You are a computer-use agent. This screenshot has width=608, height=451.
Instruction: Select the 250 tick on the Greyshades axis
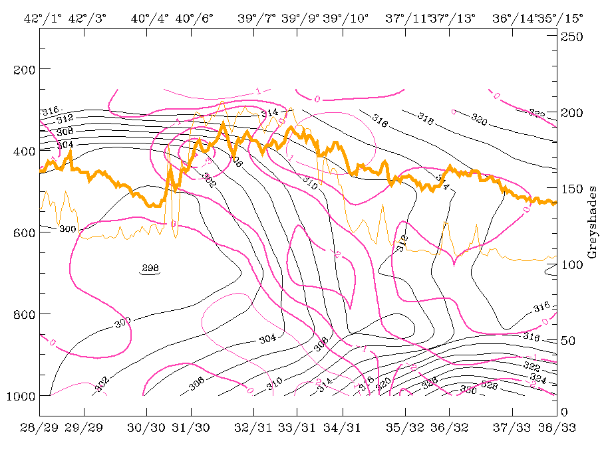pyautogui.click(x=572, y=37)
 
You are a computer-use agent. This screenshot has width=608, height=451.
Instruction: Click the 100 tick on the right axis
pyautogui.click(x=572, y=265)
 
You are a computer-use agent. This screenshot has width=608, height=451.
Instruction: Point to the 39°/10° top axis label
pyautogui.click(x=346, y=19)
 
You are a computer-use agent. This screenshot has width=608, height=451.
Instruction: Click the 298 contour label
pyautogui.click(x=150, y=269)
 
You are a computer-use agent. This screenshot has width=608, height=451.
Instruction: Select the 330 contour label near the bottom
pyautogui.click(x=468, y=390)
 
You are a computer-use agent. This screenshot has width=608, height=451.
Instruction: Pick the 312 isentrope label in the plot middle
pyautogui.click(x=402, y=244)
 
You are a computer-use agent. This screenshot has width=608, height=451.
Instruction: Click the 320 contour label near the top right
pyautogui.click(x=478, y=119)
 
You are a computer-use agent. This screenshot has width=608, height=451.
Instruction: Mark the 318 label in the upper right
pyautogui.click(x=426, y=116)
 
